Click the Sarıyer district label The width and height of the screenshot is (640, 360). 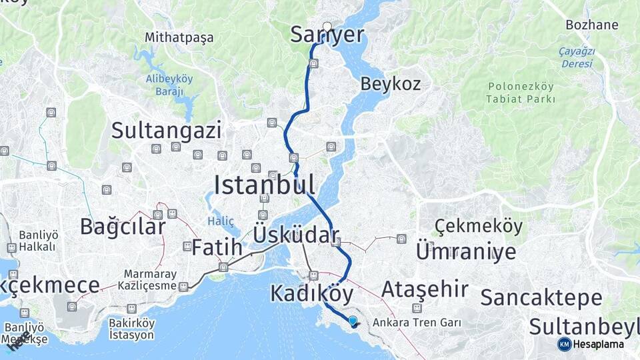[327, 35]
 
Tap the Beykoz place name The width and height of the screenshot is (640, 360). [391, 84]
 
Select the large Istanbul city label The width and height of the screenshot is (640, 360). [264, 184]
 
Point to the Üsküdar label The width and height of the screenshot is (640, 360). [295, 235]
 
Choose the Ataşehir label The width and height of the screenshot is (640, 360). [425, 289]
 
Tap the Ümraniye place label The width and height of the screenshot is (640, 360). [466, 251]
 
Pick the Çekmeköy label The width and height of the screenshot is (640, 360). [479, 227]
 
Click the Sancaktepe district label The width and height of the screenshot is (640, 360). [541, 298]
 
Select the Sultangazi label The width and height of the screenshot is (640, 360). [166, 130]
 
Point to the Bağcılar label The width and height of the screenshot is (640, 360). [123, 227]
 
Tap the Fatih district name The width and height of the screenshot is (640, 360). [217, 247]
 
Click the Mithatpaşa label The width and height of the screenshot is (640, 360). [179, 37]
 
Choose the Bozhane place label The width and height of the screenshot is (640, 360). [591, 25]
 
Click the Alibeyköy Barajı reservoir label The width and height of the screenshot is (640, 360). [169, 85]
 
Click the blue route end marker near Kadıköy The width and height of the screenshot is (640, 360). [353, 321]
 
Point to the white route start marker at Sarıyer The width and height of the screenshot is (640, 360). [327, 27]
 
